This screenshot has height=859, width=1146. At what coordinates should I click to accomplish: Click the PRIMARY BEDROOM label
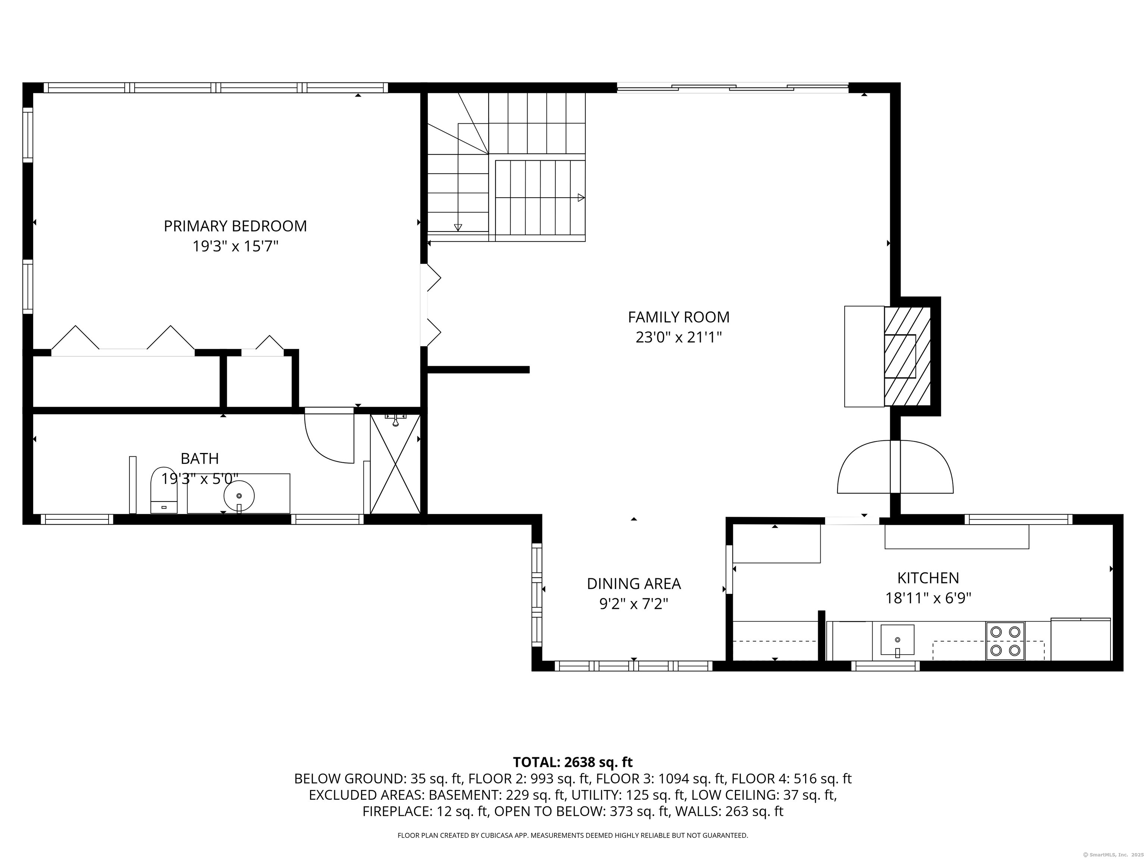[x=235, y=226]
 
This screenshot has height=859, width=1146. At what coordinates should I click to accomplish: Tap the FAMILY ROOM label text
[x=679, y=317]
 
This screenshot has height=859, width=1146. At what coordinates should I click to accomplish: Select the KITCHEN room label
[x=928, y=578]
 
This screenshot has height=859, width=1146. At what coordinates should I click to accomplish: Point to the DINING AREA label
[x=633, y=583]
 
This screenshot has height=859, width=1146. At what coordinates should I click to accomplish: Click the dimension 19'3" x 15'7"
[x=236, y=246]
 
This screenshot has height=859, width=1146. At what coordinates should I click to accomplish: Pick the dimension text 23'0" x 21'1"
[x=679, y=337]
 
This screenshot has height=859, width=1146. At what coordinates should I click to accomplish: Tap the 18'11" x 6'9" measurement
[x=928, y=598]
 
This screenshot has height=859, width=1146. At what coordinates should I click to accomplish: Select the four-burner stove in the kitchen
[x=1005, y=641]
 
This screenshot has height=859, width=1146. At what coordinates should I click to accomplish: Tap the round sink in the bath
[x=239, y=495]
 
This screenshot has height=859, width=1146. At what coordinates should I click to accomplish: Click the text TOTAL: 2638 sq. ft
[x=573, y=762]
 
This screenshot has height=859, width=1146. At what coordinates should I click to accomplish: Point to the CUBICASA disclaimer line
[x=573, y=835]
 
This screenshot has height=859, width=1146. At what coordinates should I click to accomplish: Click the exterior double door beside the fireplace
[x=895, y=466]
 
